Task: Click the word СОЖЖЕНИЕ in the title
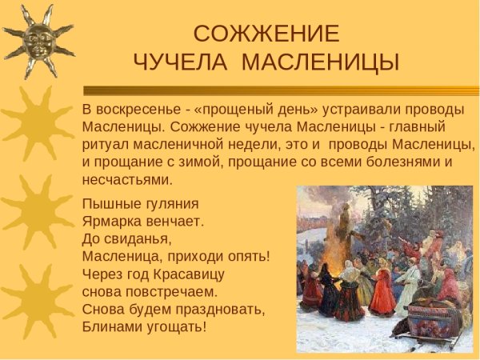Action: click(266, 34)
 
